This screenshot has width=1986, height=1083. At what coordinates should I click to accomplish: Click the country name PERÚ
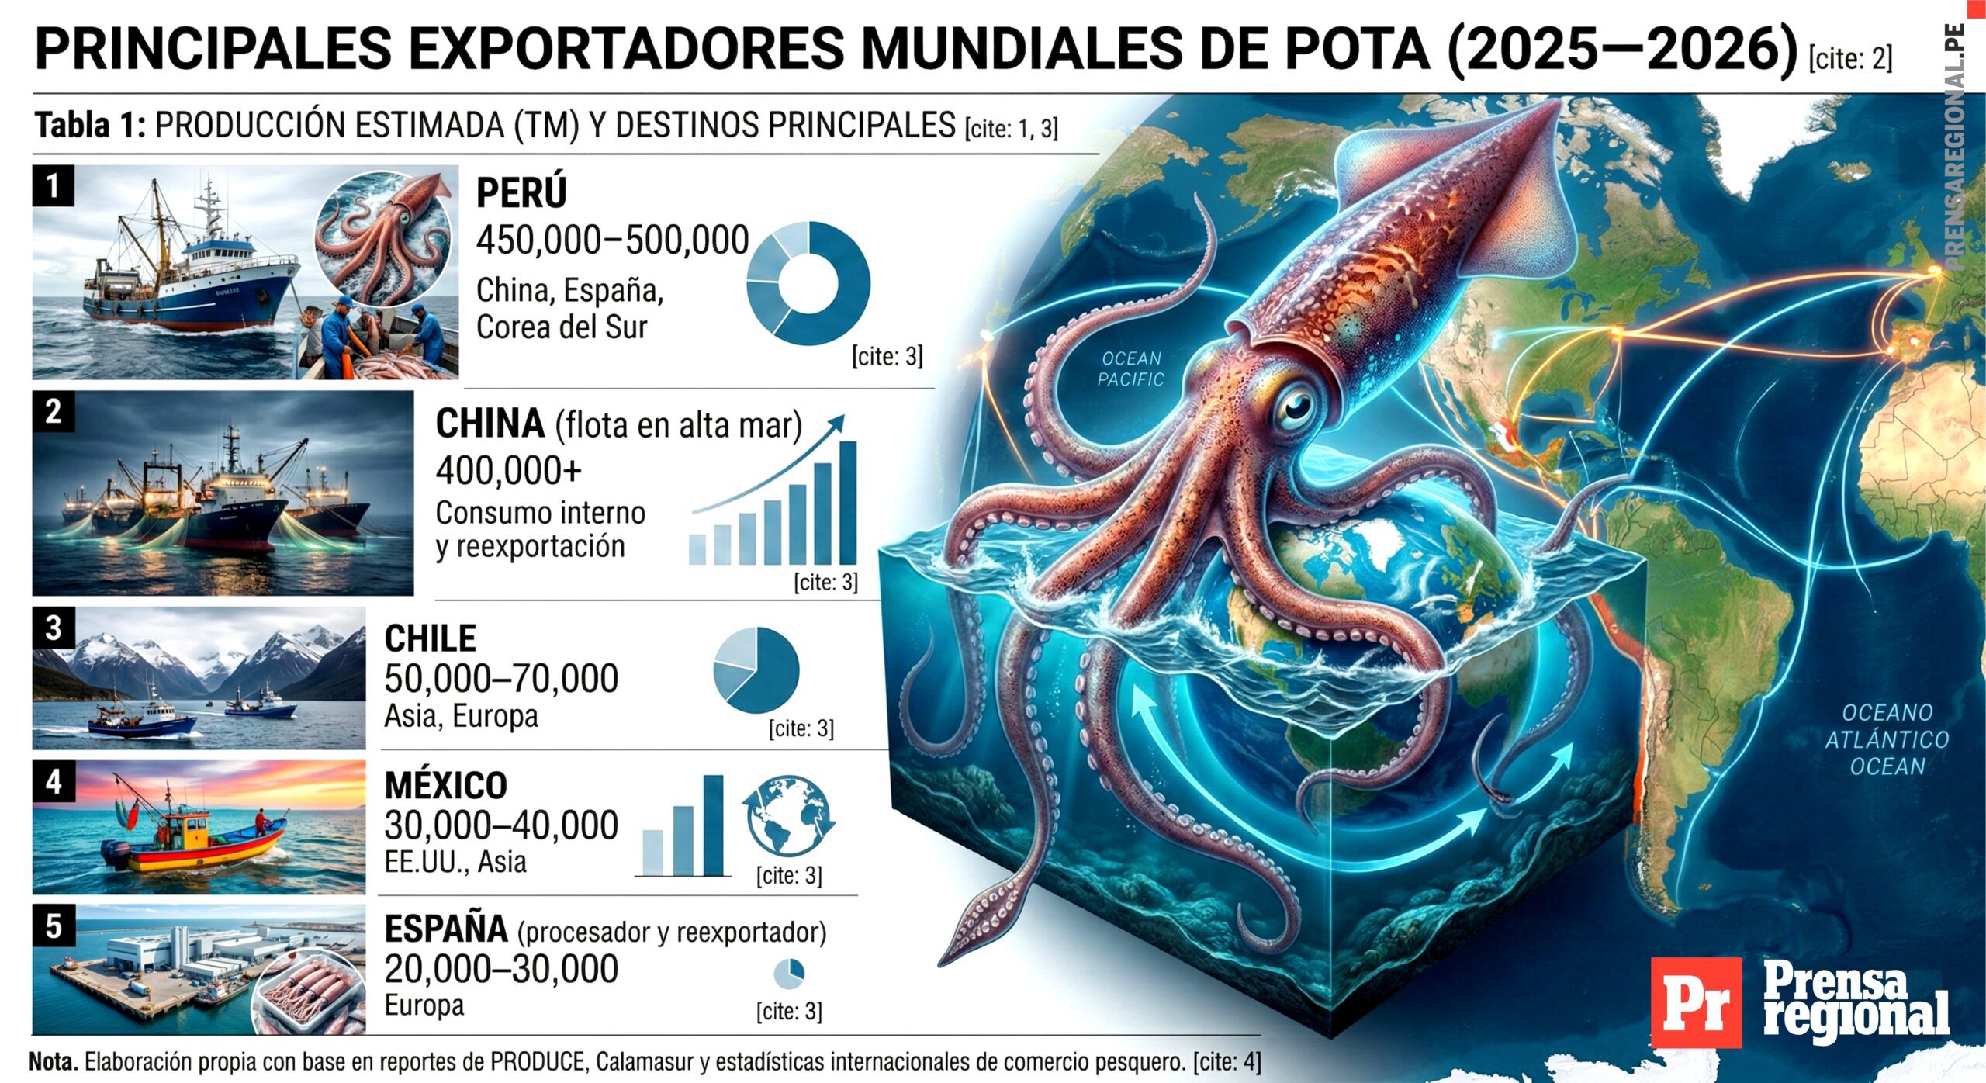pos(521,192)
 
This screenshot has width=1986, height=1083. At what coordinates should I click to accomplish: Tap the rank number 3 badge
pos(53,628)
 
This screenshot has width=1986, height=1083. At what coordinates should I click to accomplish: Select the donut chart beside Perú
pos(808,283)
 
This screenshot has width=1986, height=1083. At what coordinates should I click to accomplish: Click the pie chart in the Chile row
pos(756,670)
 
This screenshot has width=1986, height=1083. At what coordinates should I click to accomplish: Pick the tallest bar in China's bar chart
pos(848,502)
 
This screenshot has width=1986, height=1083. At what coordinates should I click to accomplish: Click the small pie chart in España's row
pos(789,974)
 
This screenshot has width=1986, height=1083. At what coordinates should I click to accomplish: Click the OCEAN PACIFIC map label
pos(1132,368)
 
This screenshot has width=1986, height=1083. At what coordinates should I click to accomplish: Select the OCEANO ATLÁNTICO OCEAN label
pos(1887,739)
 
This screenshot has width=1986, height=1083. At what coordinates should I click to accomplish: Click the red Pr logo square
pos(1695,1002)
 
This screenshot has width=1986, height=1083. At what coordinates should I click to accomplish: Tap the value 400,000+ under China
pos(509,470)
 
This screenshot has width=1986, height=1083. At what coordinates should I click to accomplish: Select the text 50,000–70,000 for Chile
pos(501,678)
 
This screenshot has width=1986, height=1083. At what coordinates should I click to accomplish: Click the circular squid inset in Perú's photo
pos(383,237)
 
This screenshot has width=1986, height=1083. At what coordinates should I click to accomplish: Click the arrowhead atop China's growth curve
pos(836,421)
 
